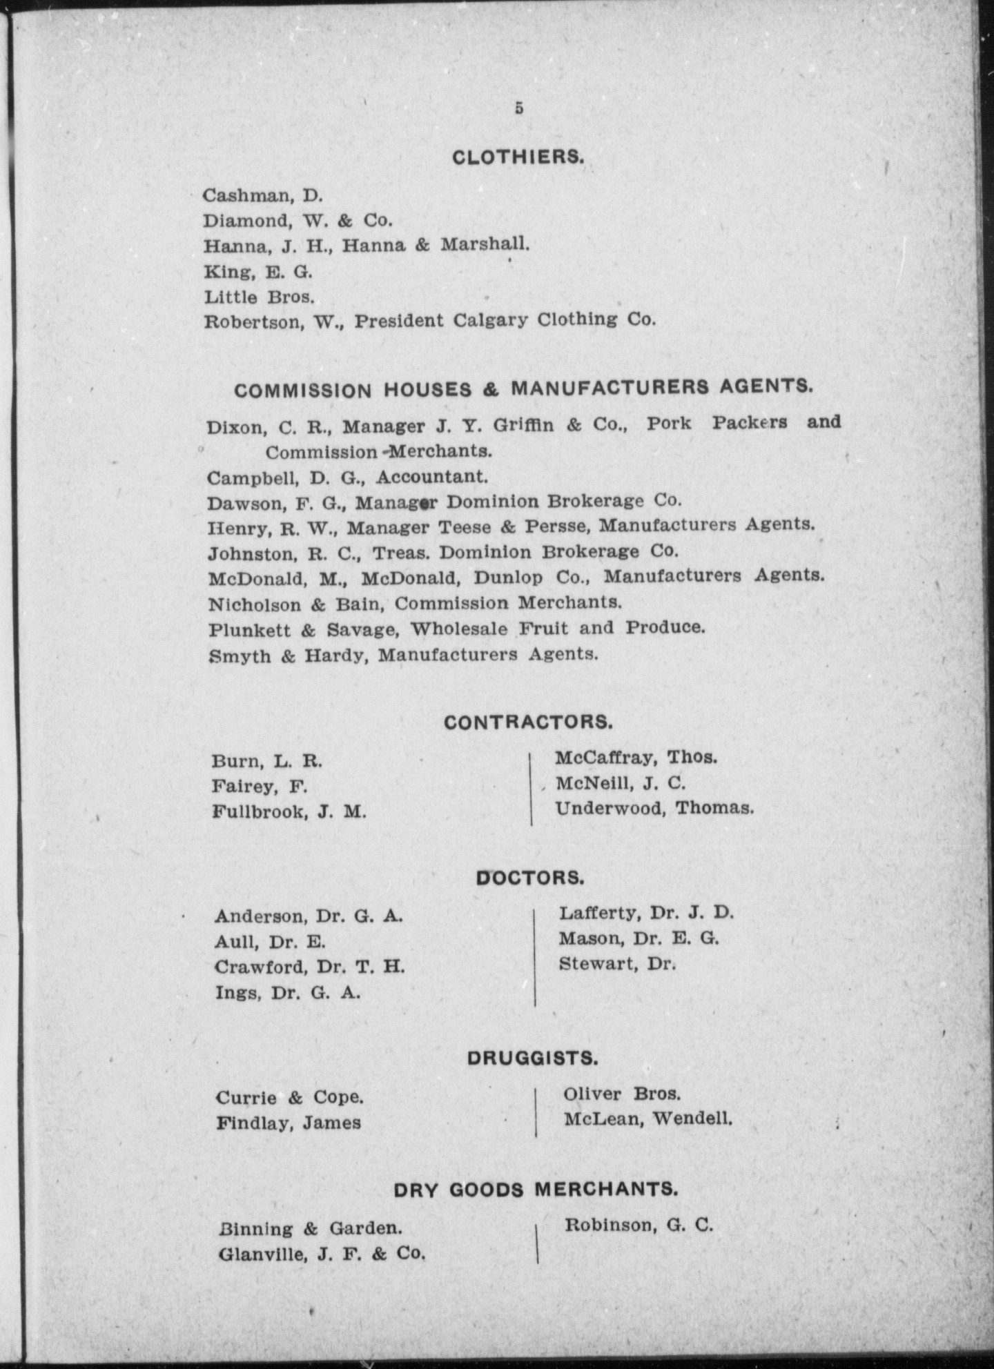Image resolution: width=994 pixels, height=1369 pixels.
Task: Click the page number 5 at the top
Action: (518, 108)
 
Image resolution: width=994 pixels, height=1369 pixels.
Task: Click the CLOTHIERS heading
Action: (518, 157)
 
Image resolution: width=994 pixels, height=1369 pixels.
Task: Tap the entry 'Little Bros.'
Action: (260, 297)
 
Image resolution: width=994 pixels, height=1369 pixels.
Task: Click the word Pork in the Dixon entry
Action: (668, 423)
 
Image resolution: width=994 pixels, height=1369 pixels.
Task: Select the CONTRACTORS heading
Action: (529, 722)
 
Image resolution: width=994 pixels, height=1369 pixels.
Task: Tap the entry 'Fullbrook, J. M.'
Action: (289, 812)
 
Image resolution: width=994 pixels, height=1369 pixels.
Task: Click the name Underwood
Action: (607, 808)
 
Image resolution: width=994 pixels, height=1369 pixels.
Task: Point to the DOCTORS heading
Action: (530, 878)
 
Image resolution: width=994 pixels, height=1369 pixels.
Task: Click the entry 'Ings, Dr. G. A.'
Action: (287, 993)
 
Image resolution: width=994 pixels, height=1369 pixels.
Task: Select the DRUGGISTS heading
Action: (532, 1058)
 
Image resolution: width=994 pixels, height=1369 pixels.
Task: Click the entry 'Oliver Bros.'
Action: (622, 1094)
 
